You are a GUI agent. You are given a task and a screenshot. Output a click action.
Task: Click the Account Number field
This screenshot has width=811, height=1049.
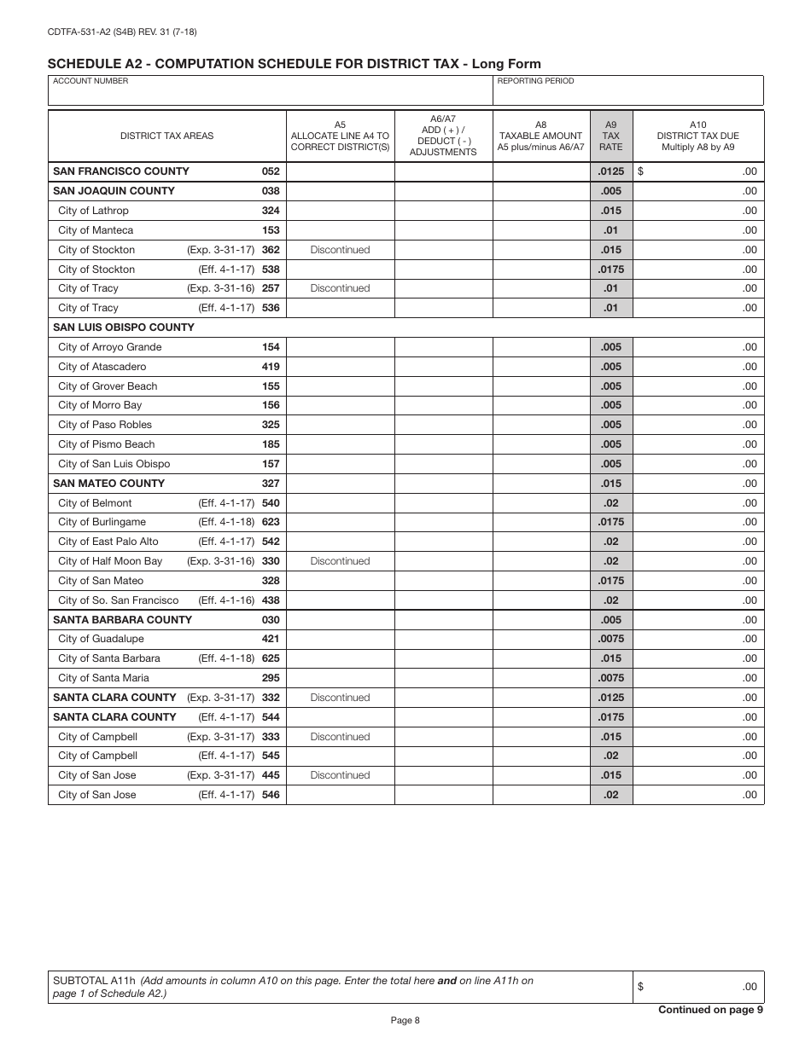pyautogui.click(x=269, y=91)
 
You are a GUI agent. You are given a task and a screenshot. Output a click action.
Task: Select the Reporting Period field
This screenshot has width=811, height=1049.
pyautogui.click(x=627, y=91)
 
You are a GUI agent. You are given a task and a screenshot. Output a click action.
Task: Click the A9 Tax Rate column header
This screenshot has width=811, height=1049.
pyautogui.click(x=610, y=135)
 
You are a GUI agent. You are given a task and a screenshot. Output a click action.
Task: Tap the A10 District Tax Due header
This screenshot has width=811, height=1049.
pyautogui.click(x=697, y=135)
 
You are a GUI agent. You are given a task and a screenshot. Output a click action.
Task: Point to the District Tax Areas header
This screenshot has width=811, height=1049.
pyautogui.click(x=166, y=136)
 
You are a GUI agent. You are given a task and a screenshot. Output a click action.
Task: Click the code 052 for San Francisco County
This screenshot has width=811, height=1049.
pyautogui.click(x=271, y=171)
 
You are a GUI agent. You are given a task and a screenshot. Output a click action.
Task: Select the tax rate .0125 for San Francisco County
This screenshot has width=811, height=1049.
pyautogui.click(x=610, y=171)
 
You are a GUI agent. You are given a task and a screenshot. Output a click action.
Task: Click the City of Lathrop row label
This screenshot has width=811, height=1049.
pyautogui.click(x=93, y=211)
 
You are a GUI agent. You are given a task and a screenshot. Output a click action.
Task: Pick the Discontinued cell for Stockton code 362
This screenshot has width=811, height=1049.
pyautogui.click(x=340, y=250)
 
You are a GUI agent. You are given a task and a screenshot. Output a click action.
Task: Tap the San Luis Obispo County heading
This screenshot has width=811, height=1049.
pyautogui.click(x=124, y=327)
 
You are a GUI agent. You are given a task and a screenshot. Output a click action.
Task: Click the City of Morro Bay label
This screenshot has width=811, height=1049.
pyautogui.click(x=100, y=405)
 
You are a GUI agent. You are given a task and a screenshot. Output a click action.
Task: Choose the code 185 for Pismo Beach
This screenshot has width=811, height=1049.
pyautogui.click(x=271, y=444)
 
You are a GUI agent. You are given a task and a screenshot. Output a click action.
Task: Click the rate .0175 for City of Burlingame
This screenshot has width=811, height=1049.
pyautogui.click(x=610, y=522)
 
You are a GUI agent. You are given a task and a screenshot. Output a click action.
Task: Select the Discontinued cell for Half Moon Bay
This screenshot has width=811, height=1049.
pyautogui.click(x=340, y=561)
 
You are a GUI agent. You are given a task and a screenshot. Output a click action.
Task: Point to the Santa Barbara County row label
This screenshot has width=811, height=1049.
pyautogui.click(x=122, y=620)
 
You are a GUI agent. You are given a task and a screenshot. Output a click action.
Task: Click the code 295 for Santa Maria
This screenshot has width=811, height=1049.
pyautogui.click(x=271, y=678)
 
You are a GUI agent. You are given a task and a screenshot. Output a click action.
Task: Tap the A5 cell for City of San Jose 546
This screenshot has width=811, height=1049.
pyautogui.click(x=340, y=795)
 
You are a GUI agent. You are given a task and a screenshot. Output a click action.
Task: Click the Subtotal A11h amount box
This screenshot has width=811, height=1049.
pyautogui.click(x=697, y=987)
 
